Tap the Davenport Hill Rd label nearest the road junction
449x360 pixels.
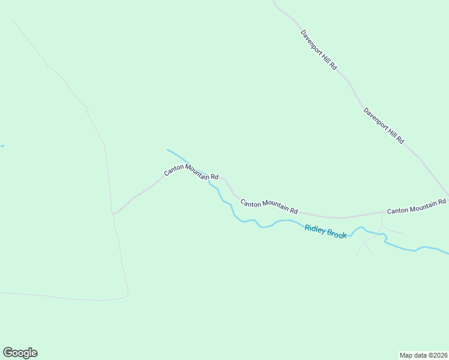pyautogui.click(x=384, y=125)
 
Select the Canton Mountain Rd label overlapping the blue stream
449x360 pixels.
pyautogui.click(x=191, y=172)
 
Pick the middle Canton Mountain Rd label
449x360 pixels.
pyautogui.click(x=269, y=207)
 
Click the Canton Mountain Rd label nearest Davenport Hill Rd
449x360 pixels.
pyautogui.click(x=417, y=207)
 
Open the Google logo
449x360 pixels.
pyautogui.click(x=20, y=353)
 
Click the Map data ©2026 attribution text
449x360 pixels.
pyautogui.click(x=424, y=355)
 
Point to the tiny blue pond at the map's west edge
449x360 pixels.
pyautogui.click(x=2, y=146)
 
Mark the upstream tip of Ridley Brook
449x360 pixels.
pyautogui.click(x=167, y=150)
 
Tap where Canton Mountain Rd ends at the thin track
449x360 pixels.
pyautogui.click(x=113, y=213)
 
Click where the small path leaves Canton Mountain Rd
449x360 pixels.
pyautogui.click(x=383, y=212)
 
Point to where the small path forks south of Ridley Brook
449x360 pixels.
pyautogui.click(x=364, y=243)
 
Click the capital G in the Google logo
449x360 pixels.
pyautogui.click(x=8, y=352)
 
